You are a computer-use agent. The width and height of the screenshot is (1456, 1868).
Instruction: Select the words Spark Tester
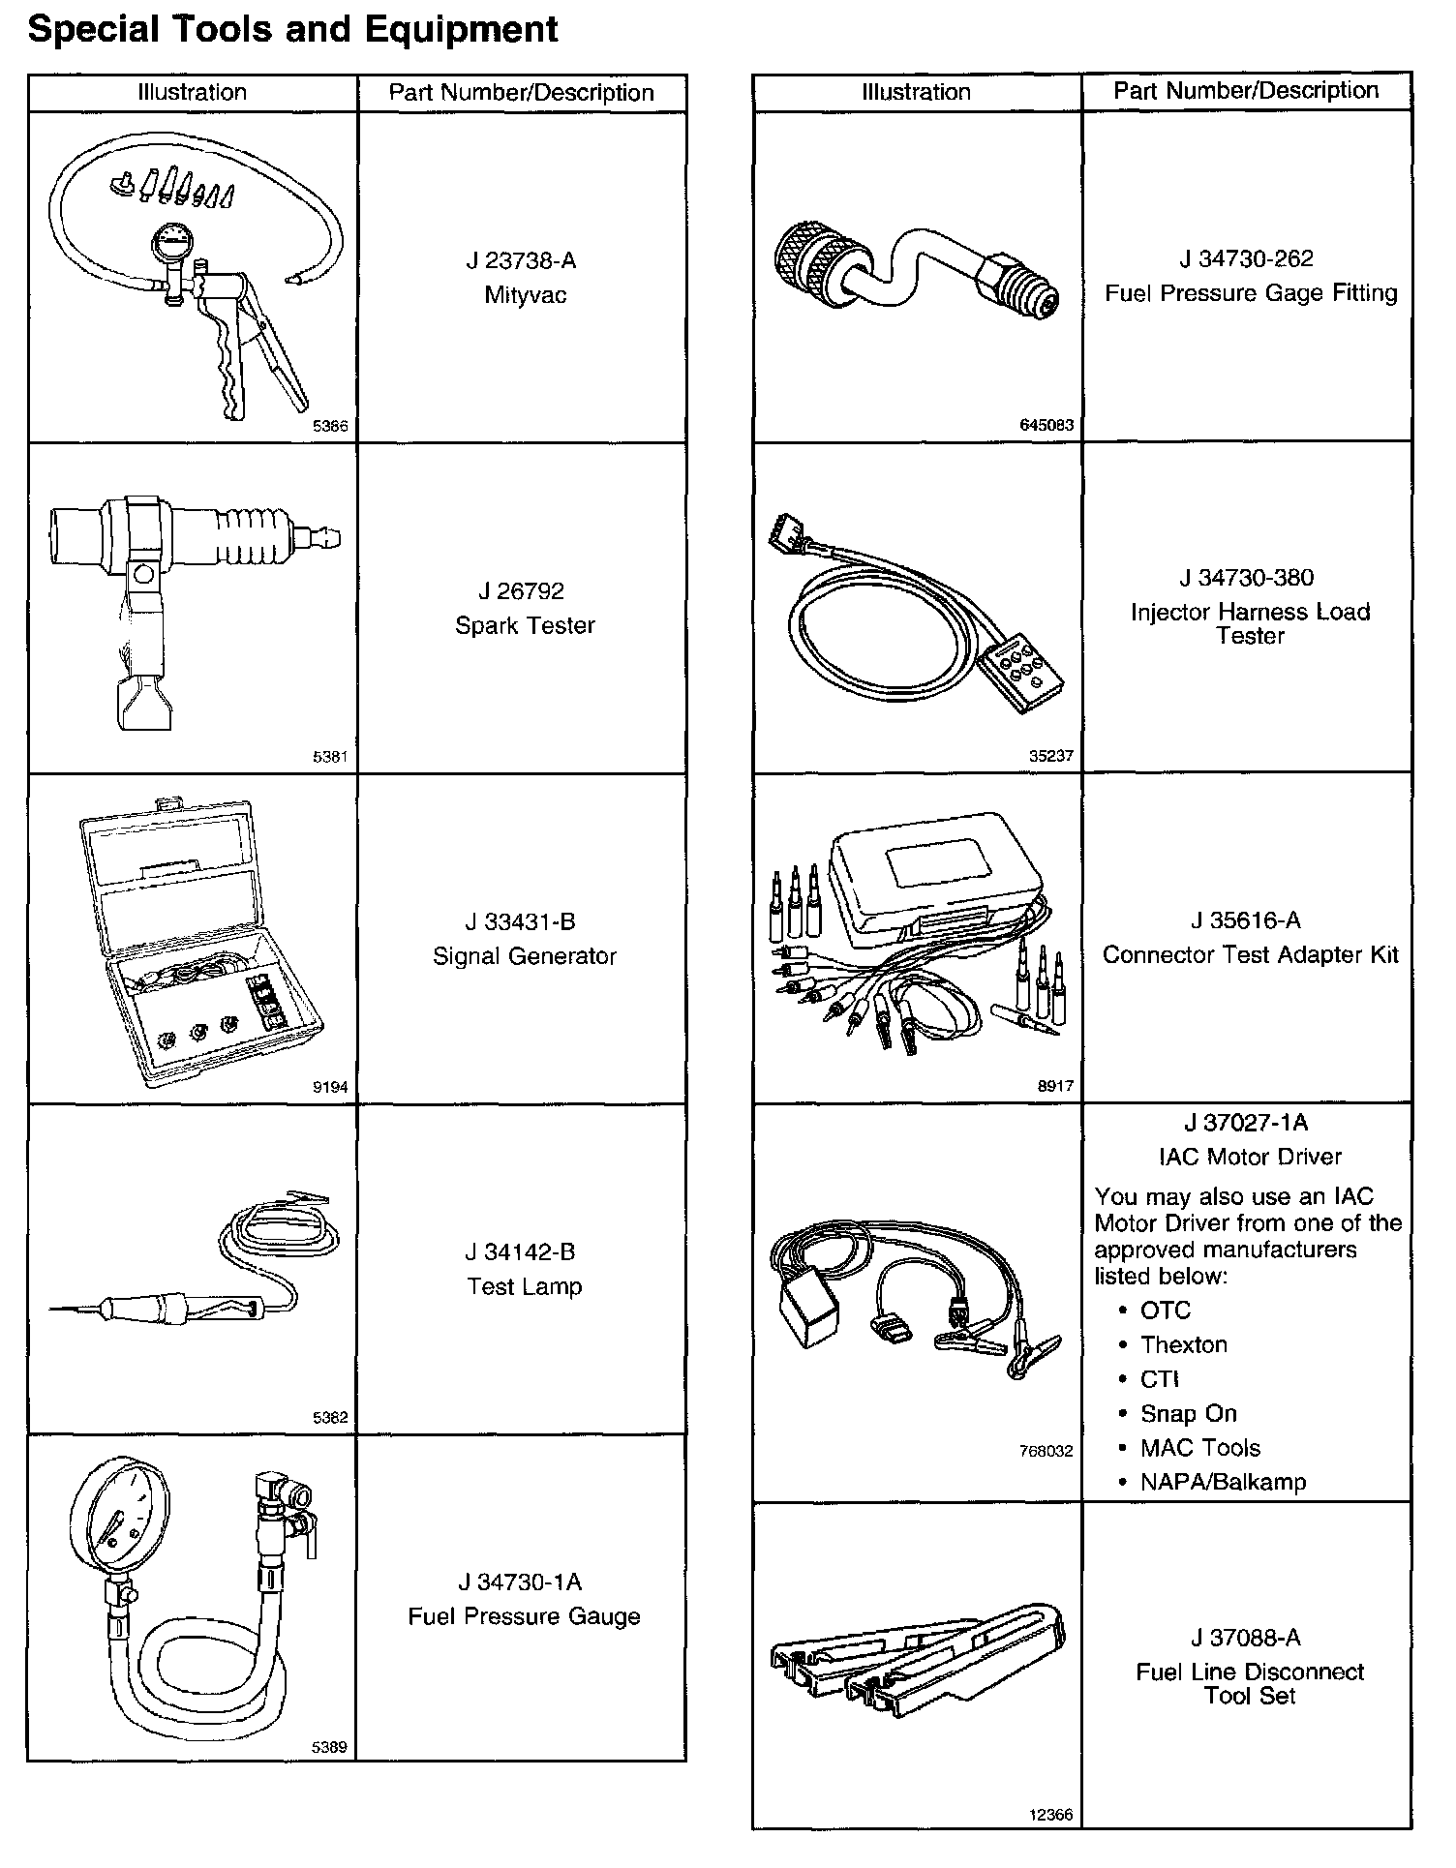pyautogui.click(x=525, y=625)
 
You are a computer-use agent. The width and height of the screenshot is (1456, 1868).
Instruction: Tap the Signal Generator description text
pyautogui.click(x=524, y=956)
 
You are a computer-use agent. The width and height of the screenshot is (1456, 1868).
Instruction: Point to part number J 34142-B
pyautogui.click(x=520, y=1252)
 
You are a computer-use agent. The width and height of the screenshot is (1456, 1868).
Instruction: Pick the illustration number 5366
pyautogui.click(x=330, y=426)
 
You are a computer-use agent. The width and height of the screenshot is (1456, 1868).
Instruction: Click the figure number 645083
pyautogui.click(x=1046, y=425)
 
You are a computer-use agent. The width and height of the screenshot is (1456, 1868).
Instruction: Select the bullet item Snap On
pyautogui.click(x=1188, y=1413)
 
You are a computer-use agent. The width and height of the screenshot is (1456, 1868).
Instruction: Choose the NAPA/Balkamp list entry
pyautogui.click(x=1223, y=1482)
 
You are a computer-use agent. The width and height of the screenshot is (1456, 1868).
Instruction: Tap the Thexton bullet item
pyautogui.click(x=1183, y=1344)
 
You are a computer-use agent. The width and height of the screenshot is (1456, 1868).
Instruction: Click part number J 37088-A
pyautogui.click(x=1246, y=1638)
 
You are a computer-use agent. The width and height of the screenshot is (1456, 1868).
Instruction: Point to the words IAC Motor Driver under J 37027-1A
pyautogui.click(x=1250, y=1157)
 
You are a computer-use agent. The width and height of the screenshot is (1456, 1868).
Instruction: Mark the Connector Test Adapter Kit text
pyautogui.click(x=1250, y=955)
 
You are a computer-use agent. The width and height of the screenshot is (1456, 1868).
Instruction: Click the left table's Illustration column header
pyautogui.click(x=192, y=93)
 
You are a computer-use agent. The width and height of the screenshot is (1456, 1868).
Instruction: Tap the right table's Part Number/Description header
pyautogui.click(x=1245, y=91)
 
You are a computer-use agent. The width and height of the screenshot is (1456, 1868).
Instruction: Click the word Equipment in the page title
pyautogui.click(x=464, y=30)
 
